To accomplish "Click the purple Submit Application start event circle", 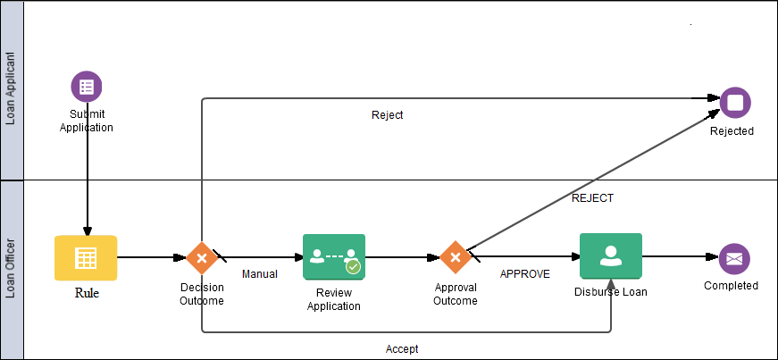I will click(87, 87).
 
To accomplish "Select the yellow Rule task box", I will click(86, 258).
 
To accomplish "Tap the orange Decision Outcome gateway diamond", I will click(202, 258).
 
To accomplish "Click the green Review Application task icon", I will click(333, 258).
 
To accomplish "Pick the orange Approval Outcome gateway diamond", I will click(456, 258).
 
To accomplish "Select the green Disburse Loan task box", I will click(611, 257).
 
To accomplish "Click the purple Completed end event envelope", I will click(734, 258).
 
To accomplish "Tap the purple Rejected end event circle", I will click(735, 103).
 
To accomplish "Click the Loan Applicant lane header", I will click(11, 89).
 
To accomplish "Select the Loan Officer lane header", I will click(11, 268).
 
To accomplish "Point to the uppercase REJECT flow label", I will click(592, 198).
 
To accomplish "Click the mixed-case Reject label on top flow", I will click(387, 115).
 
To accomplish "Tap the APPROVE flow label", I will click(524, 274).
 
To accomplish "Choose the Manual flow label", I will click(259, 274).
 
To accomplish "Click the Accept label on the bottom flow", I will click(402, 349).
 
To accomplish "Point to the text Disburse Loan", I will click(611, 291).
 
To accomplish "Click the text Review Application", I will click(333, 299).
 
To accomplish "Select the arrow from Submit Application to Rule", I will click(87, 179).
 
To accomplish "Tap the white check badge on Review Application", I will click(353, 266).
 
